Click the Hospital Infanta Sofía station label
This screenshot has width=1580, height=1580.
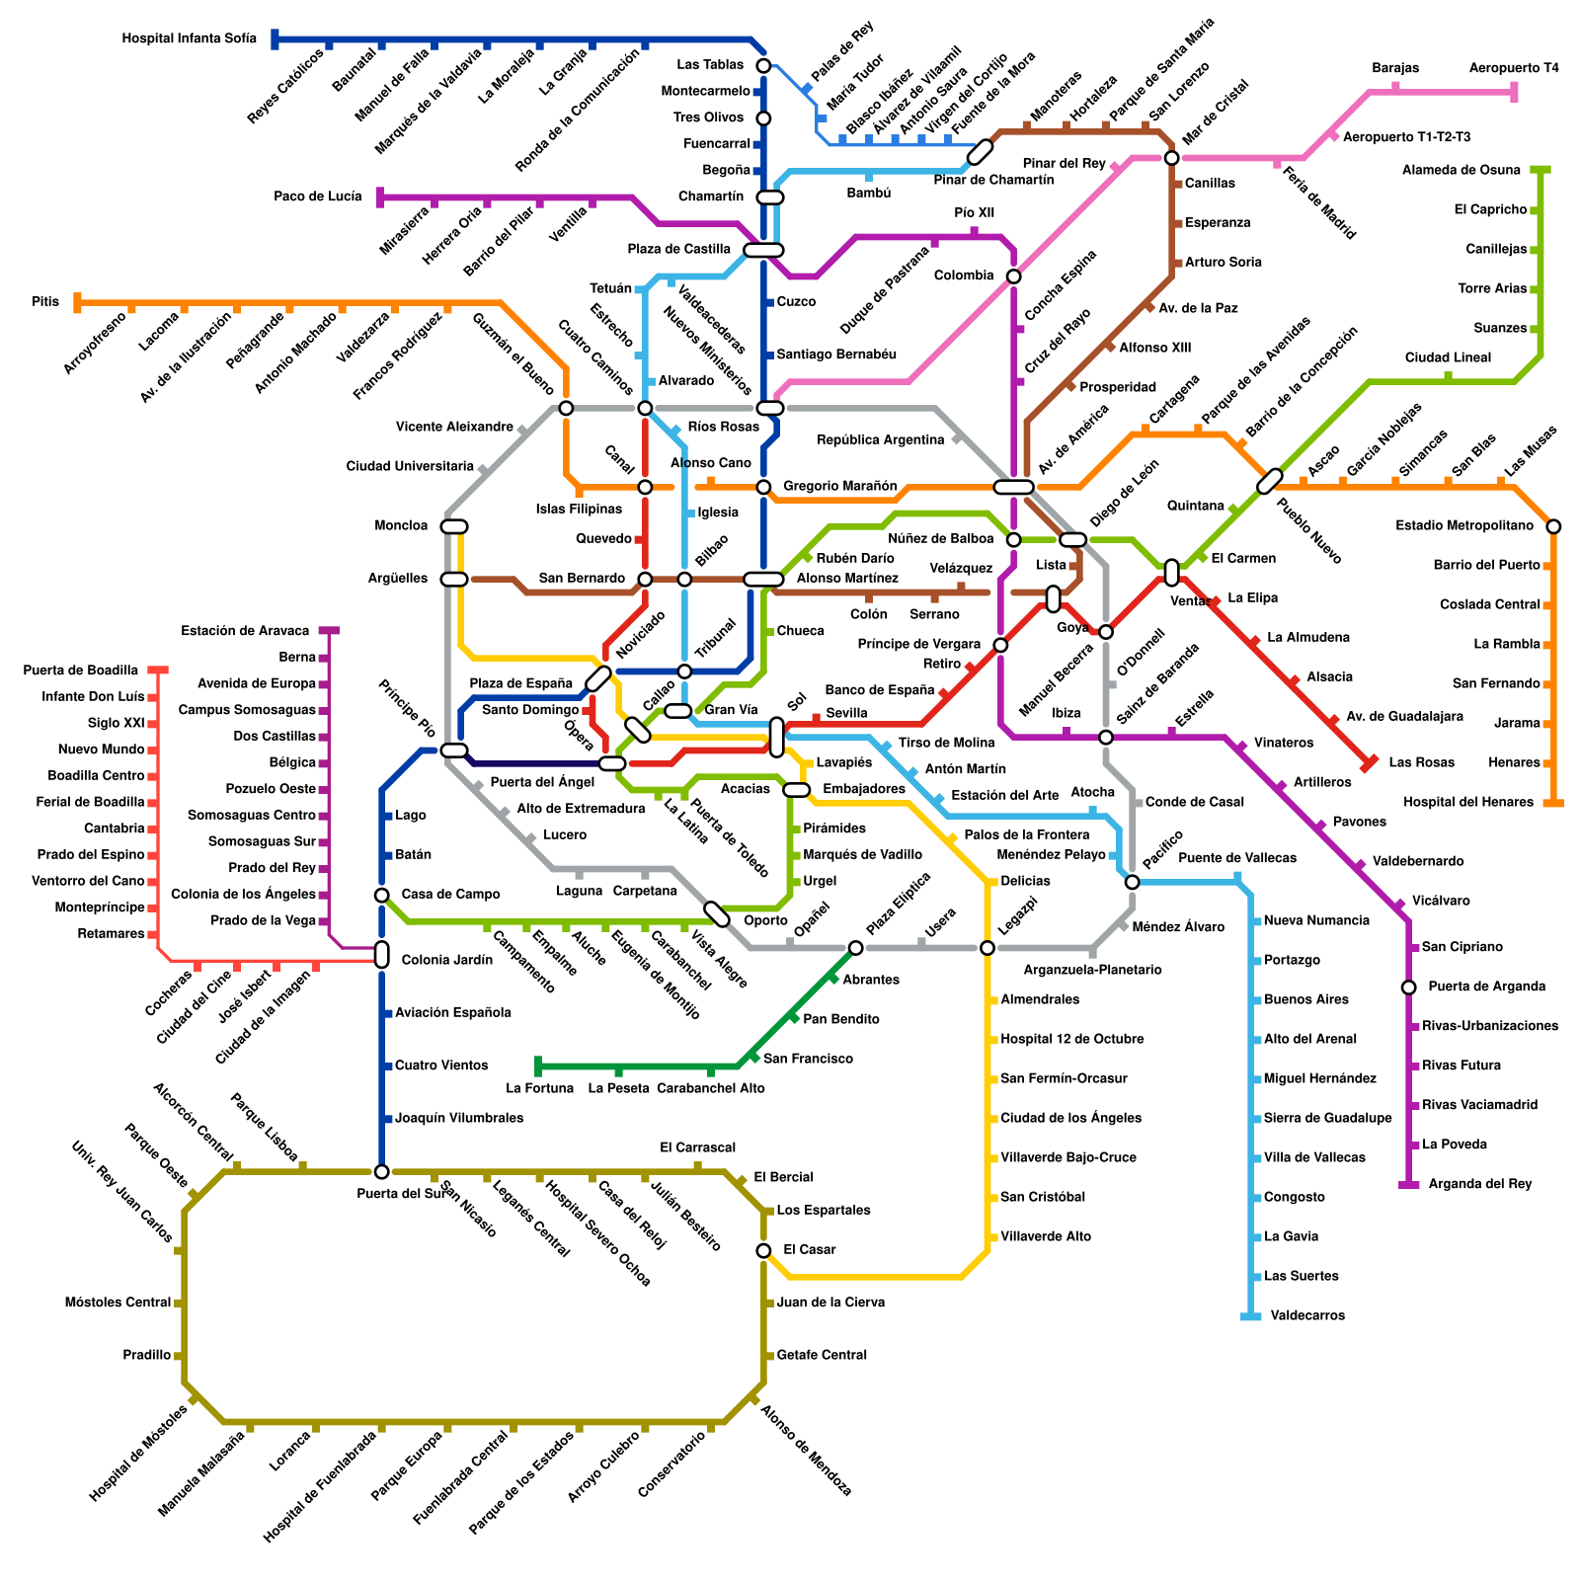click(x=189, y=39)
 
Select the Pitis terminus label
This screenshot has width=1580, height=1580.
click(x=45, y=301)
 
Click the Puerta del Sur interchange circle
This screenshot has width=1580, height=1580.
click(x=381, y=1171)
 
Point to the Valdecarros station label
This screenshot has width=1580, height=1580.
click(x=1307, y=1315)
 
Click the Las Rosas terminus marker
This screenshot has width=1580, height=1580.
click(x=1369, y=763)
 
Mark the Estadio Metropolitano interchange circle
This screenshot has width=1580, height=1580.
click(x=1553, y=526)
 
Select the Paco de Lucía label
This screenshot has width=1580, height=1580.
click(x=317, y=197)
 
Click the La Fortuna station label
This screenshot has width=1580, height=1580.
click(x=539, y=1088)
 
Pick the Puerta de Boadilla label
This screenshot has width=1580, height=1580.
click(x=81, y=671)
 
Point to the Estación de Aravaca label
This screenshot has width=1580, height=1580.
click(x=245, y=631)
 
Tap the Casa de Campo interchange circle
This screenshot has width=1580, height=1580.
click(x=381, y=895)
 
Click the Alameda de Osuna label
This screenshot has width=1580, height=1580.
click(x=1461, y=170)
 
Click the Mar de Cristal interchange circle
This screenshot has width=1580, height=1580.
click(x=1171, y=158)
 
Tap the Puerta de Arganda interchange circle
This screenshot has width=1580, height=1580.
click(x=1408, y=987)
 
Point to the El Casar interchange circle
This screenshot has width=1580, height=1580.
click(x=763, y=1250)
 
